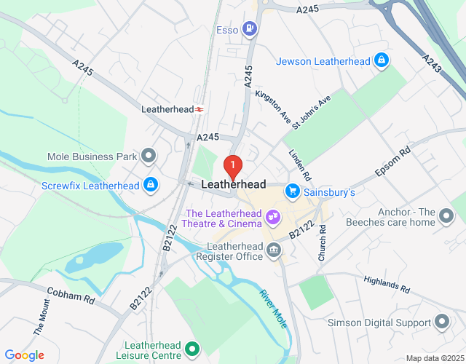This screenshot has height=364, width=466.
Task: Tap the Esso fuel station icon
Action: click(x=250, y=29)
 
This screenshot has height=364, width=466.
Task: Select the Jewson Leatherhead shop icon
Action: click(x=380, y=61)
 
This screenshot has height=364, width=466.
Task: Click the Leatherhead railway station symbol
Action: click(x=199, y=109)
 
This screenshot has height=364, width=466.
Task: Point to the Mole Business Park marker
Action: click(x=149, y=156)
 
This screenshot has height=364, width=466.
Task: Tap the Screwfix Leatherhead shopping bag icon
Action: click(x=150, y=185)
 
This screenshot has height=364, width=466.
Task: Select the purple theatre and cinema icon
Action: click(x=273, y=217)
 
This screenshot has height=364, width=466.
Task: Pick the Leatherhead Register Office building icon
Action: click(x=274, y=251)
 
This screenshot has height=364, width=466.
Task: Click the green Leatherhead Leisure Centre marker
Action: click(x=192, y=350)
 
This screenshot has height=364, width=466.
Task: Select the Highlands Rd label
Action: click(x=390, y=284)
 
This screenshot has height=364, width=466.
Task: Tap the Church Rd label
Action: click(x=322, y=243)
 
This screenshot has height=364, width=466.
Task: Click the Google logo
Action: click(x=25, y=355)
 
